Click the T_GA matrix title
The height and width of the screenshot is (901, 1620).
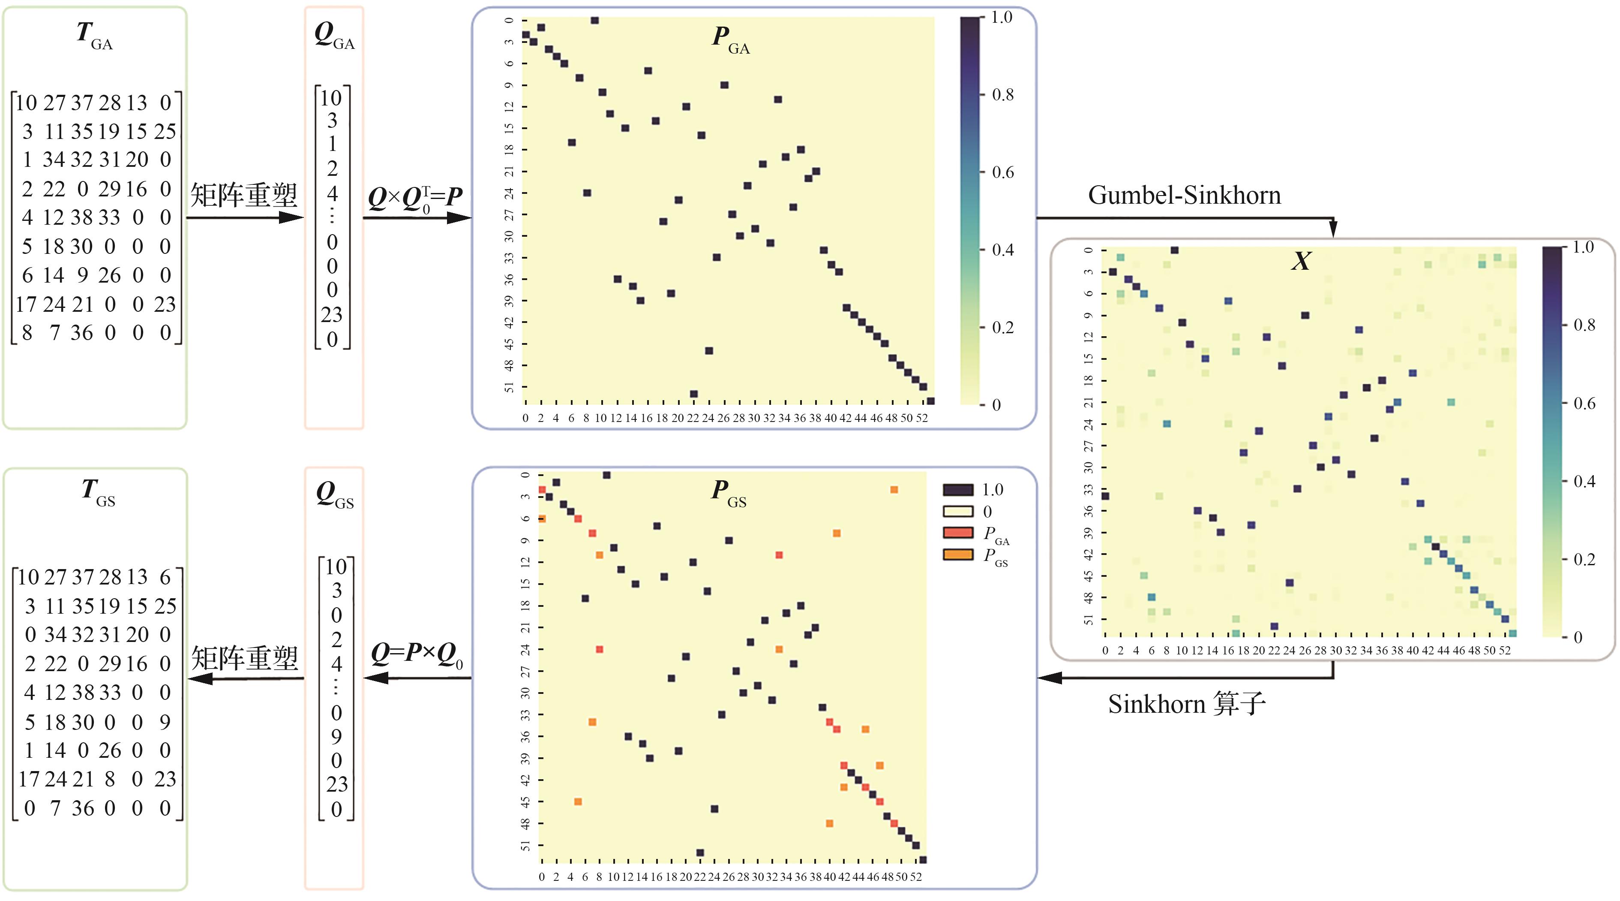coord(94,35)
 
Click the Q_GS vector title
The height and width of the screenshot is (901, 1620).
coord(335,494)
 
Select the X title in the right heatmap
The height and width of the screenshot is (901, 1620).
coord(1301,260)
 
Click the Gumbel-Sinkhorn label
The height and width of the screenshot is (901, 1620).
coord(1184,196)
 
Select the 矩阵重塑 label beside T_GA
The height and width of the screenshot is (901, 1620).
coord(244,196)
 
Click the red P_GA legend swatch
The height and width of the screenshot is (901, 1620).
coord(958,532)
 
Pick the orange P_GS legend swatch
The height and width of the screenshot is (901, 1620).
coord(958,554)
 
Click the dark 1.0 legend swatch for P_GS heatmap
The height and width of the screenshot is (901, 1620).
coord(958,489)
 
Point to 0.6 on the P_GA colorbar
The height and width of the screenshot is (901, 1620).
coord(1002,172)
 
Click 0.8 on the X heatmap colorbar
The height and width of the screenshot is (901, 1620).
coord(1584,325)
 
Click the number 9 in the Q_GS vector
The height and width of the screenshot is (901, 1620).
coord(336,737)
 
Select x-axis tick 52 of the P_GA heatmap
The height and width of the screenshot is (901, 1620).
coord(921,418)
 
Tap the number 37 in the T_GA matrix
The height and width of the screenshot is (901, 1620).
coord(82,102)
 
